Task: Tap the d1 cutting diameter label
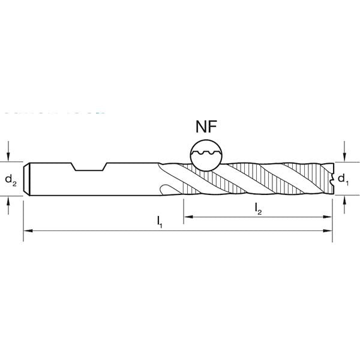click(x=342, y=178)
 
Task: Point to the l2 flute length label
click(x=258, y=208)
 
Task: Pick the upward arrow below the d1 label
click(x=344, y=205)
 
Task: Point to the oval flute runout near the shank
click(x=168, y=188)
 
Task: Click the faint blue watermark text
click(x=54, y=112)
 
